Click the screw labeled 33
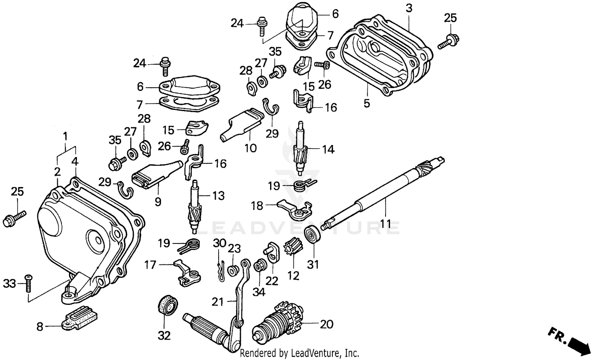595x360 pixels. [29, 283]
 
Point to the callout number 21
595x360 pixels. [218, 302]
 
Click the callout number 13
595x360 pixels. [218, 196]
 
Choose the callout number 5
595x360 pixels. [367, 103]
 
